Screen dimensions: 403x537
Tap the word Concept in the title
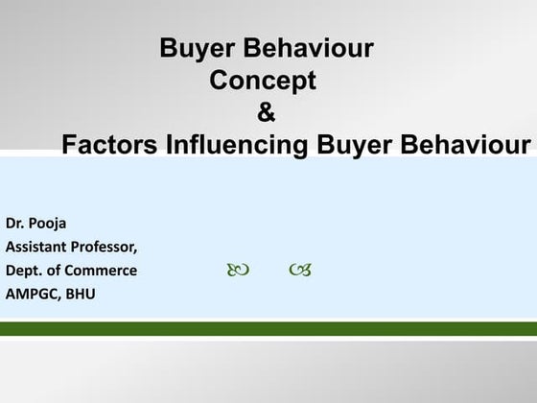tap(263, 81)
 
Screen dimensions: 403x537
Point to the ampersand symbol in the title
tap(267, 113)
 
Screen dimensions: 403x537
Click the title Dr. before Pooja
tap(16, 225)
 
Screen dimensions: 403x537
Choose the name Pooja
tap(49, 225)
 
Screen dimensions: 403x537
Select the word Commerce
tap(101, 271)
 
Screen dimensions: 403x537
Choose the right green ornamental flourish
tap(299, 272)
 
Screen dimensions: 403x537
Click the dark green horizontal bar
tap(268, 329)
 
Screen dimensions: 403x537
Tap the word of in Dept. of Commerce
tap(54, 271)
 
